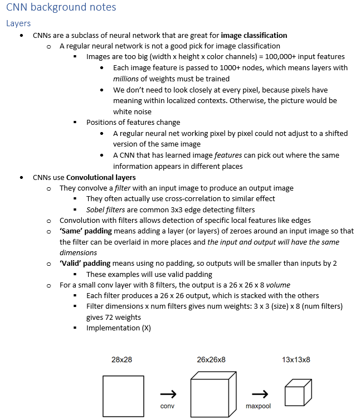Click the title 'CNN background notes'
[61, 8]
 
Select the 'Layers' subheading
[18, 23]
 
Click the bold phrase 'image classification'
[254, 35]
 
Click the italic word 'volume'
[278, 285]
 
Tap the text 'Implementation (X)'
[118, 328]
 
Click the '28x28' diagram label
[121, 360]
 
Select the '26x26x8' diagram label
[211, 360]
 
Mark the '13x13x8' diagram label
[296, 360]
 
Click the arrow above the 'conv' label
[168, 393]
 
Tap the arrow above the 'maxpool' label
[258, 393]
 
